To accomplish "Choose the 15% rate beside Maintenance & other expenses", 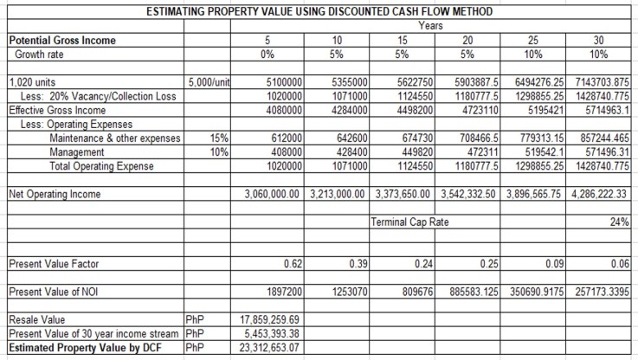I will tap(219, 137).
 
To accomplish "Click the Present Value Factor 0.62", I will tap(291, 262).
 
